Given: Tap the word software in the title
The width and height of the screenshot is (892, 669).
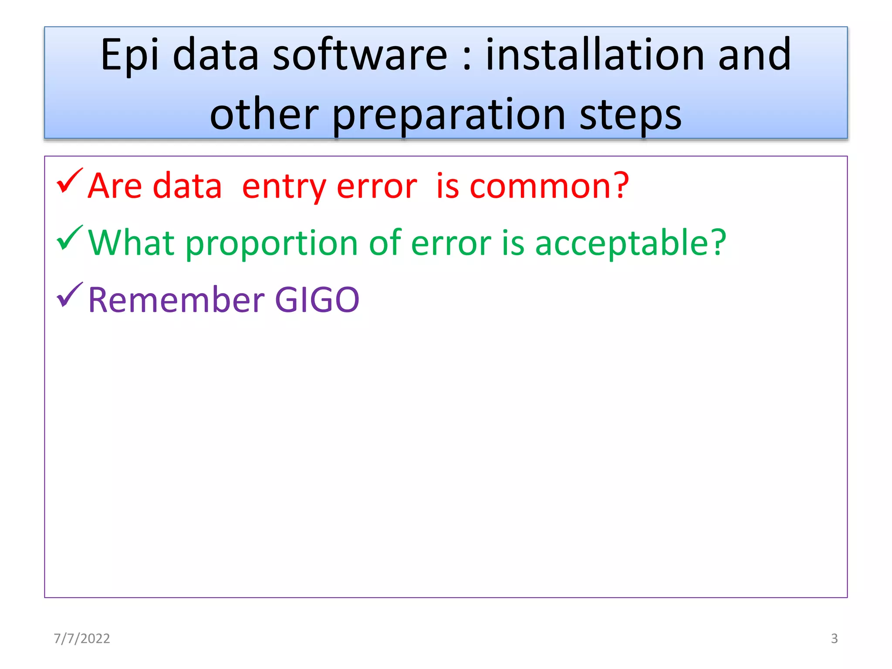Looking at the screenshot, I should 360,55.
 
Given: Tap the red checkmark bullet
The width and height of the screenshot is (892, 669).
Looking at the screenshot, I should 69,181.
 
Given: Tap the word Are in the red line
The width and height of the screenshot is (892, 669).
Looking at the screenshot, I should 115,186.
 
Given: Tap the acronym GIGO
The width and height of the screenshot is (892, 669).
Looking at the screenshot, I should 317,300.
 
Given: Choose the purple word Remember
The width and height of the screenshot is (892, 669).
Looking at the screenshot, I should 176,300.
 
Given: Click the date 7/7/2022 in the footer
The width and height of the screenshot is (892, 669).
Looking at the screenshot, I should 82,638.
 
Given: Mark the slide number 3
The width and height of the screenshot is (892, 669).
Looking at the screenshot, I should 834,638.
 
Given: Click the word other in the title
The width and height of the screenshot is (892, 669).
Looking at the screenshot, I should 264,114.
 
